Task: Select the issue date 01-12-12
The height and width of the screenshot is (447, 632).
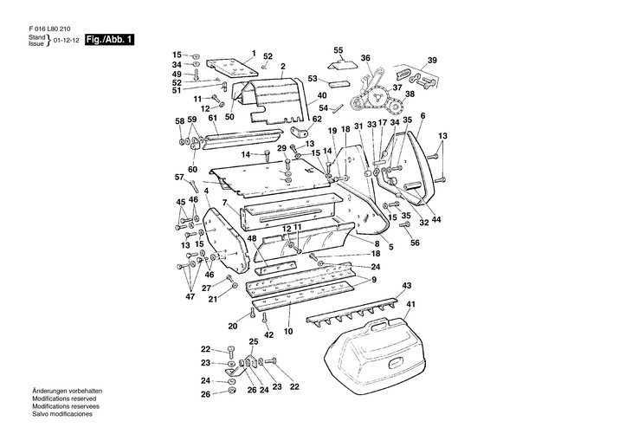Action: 67,41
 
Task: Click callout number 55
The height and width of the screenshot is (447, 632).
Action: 339,49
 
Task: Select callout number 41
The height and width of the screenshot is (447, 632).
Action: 411,304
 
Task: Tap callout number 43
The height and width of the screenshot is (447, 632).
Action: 407,286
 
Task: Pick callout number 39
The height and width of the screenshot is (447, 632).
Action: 431,60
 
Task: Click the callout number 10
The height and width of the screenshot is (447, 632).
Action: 288,331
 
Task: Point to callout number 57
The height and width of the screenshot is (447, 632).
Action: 179,177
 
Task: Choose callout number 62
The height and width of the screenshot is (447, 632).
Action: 317,119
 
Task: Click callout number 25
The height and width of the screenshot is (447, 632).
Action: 254,340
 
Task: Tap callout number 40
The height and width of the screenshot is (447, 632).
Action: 321,94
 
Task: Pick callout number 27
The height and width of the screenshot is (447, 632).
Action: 206,288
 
